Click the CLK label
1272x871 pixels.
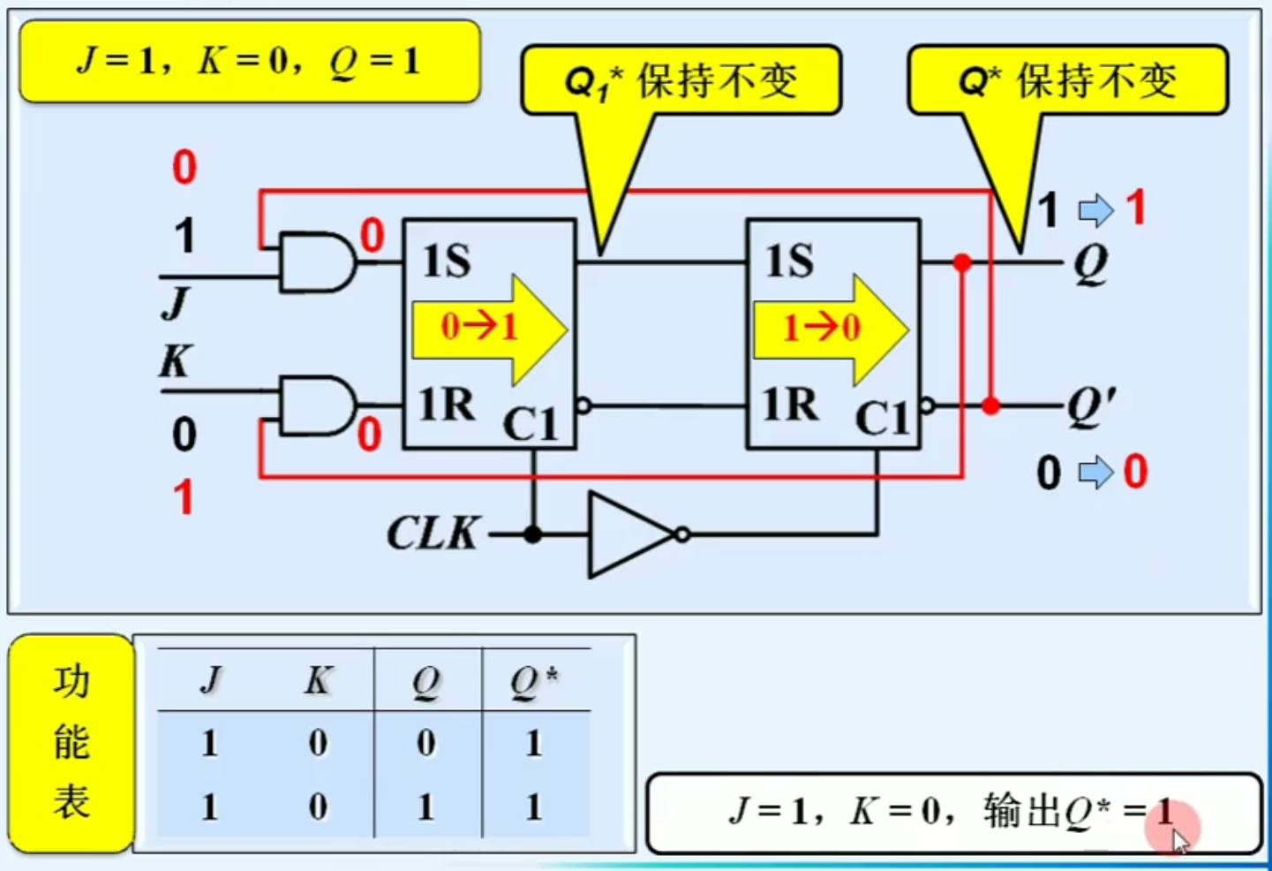point(433,534)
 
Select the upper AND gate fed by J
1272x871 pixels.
point(314,262)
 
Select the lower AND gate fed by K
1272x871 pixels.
point(314,405)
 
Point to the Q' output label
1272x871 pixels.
point(1091,406)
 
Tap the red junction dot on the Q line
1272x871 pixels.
point(962,262)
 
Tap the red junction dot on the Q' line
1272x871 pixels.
point(991,405)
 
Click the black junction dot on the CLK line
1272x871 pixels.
point(532,534)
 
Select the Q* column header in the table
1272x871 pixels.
point(534,681)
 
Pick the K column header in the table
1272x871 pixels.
point(318,681)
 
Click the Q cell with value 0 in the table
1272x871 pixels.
point(426,743)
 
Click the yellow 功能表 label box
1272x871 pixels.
point(72,743)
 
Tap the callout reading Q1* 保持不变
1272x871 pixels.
point(681,81)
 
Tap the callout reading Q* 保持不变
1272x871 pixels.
point(1067,81)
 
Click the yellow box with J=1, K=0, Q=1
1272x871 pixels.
point(249,62)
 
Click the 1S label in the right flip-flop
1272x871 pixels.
point(789,261)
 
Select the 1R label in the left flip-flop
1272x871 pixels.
point(447,405)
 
